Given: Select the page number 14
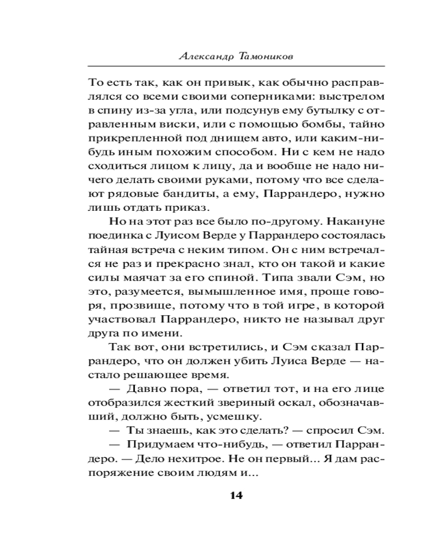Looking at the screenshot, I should click(x=236, y=496).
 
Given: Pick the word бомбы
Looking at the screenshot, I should click(x=301, y=128).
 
